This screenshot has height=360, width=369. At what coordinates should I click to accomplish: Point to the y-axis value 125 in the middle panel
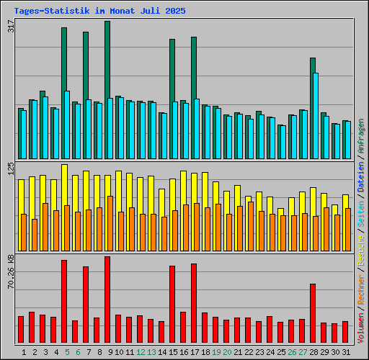9,168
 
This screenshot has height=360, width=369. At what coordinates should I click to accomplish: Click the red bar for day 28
313,313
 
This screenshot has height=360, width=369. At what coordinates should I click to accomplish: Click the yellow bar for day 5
64,184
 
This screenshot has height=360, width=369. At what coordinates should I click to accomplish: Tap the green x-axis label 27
303,351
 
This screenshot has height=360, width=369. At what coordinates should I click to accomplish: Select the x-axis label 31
346,351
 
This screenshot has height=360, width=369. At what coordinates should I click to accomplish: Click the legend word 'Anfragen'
361,137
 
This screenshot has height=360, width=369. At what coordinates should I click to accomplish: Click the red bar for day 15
172,304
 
